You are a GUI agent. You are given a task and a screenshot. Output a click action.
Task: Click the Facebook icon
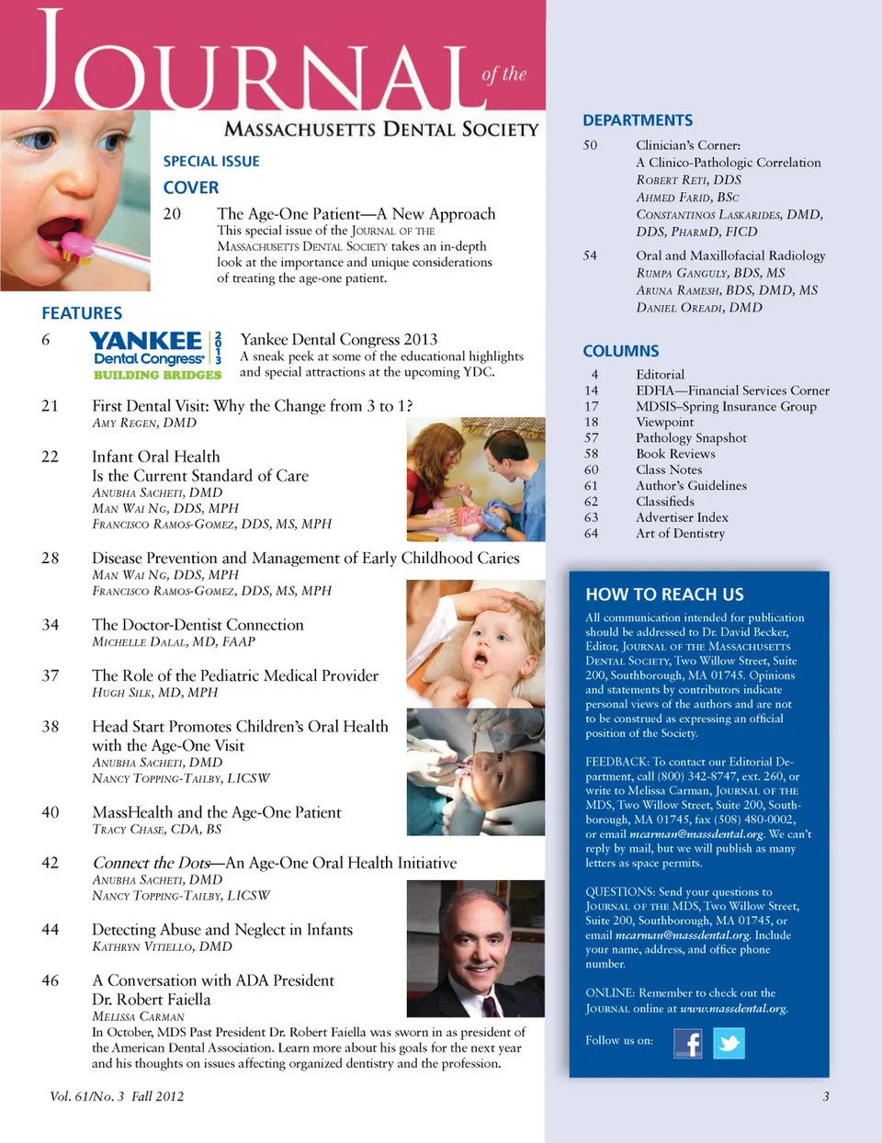(x=688, y=1043)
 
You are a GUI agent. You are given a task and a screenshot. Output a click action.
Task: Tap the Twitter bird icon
(x=729, y=1043)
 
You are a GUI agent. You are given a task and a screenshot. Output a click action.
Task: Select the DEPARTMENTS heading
(x=638, y=120)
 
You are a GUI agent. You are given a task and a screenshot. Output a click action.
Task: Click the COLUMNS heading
(x=620, y=351)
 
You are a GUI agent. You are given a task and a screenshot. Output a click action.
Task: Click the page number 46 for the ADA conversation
(x=51, y=980)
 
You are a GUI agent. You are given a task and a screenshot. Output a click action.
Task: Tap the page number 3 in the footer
(x=826, y=1096)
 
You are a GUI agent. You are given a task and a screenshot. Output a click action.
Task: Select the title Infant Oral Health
(x=156, y=457)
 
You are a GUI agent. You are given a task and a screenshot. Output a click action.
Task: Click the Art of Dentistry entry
(x=680, y=533)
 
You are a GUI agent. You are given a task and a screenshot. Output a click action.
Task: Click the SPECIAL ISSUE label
(x=211, y=162)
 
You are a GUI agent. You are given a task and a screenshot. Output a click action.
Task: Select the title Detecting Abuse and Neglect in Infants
(x=222, y=930)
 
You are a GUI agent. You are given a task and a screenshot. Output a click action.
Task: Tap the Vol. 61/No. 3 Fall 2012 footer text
(x=117, y=1096)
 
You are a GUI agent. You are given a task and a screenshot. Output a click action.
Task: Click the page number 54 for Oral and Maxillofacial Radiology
(x=590, y=255)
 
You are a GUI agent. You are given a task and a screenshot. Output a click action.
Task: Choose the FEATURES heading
(x=82, y=313)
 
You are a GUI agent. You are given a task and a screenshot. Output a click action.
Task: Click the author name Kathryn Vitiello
(x=162, y=946)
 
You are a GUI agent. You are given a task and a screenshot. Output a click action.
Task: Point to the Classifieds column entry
(x=665, y=502)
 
